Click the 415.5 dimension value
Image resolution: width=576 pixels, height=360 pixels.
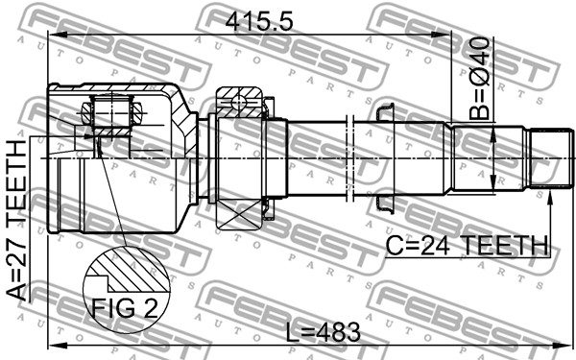coord(259,22)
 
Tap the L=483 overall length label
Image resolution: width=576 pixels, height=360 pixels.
coord(324,332)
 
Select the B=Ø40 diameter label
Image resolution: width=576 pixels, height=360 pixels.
coord(480,79)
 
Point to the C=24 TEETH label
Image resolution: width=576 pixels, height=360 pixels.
coord(467,246)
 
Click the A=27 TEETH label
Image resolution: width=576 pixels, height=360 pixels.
coord(17,220)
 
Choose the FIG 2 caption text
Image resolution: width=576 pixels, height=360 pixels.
coord(125,308)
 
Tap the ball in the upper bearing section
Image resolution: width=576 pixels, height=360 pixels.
coord(239,101)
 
